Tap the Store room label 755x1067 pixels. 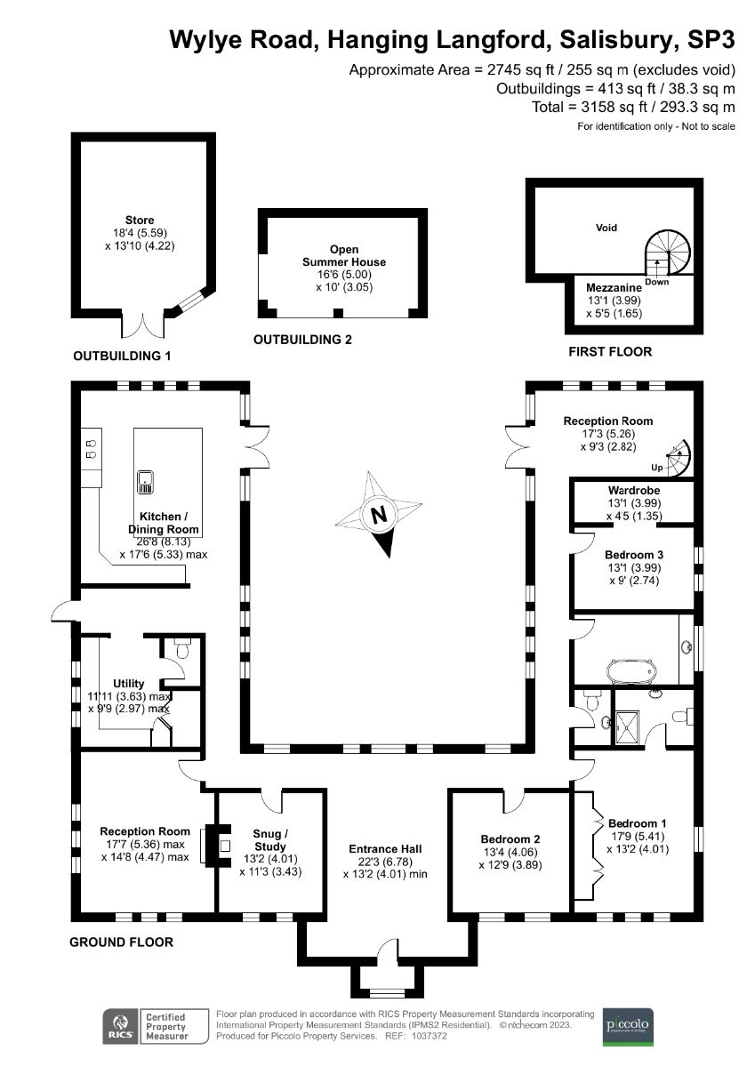tap(140, 220)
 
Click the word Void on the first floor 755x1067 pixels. tap(606, 228)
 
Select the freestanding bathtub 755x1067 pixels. tap(631, 670)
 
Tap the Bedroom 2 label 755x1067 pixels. tap(510, 839)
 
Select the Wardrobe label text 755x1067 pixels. tap(633, 491)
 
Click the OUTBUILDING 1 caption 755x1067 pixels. tap(121, 356)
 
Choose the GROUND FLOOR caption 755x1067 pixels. tap(121, 942)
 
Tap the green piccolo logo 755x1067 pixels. tap(629, 1026)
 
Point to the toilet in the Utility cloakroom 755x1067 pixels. tap(182, 651)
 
